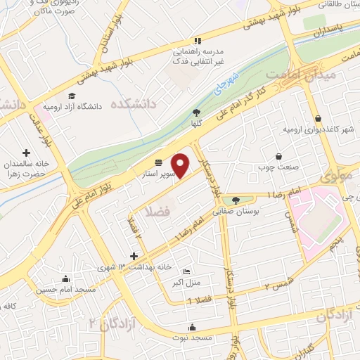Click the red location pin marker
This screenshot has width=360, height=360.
pyautogui.click(x=181, y=165)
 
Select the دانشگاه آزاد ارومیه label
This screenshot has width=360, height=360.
pyautogui.click(x=93, y=106)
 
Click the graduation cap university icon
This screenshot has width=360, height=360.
pyautogui.click(x=71, y=96)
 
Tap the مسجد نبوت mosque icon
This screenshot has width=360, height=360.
pyautogui.click(x=192, y=327)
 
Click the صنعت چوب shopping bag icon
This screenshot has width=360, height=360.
pyautogui.click(x=279, y=156)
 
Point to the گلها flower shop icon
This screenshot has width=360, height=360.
pyautogui.click(x=197, y=112)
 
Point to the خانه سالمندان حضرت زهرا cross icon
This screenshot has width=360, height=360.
pyautogui.click(x=27, y=153)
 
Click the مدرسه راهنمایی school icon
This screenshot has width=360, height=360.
pyautogui.click(x=198, y=41)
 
